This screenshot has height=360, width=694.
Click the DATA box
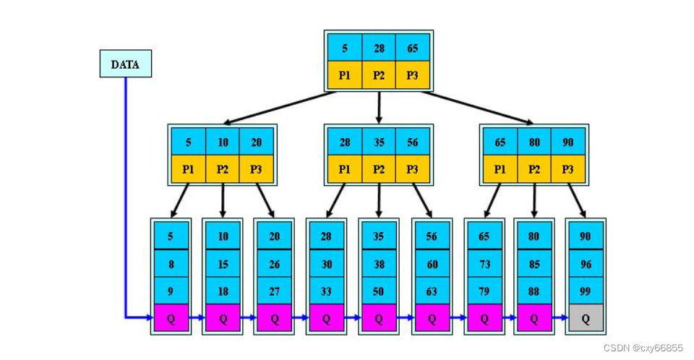point(125,64)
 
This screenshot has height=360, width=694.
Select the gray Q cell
point(586,319)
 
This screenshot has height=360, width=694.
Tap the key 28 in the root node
point(379,48)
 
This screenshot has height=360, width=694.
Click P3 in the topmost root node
point(412,75)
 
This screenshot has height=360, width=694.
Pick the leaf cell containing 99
point(586,291)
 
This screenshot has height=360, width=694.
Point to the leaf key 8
point(171,265)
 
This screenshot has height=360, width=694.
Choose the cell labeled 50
point(380,291)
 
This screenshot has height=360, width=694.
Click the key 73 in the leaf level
point(484,265)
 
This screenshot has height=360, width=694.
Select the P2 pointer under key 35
point(379,169)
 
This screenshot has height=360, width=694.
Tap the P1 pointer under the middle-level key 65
point(500,169)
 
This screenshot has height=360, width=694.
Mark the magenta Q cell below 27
point(275,319)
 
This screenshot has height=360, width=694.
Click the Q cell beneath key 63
point(432,319)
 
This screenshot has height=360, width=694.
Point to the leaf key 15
point(223,265)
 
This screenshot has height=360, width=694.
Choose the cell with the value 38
point(380,265)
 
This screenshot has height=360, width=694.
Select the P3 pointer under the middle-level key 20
point(256,169)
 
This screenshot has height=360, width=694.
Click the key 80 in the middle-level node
point(534,142)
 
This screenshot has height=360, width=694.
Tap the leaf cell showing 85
point(534,265)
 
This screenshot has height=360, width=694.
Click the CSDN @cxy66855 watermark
point(642,348)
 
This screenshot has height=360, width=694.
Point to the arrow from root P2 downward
point(379,106)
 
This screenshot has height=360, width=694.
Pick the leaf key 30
point(327,265)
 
